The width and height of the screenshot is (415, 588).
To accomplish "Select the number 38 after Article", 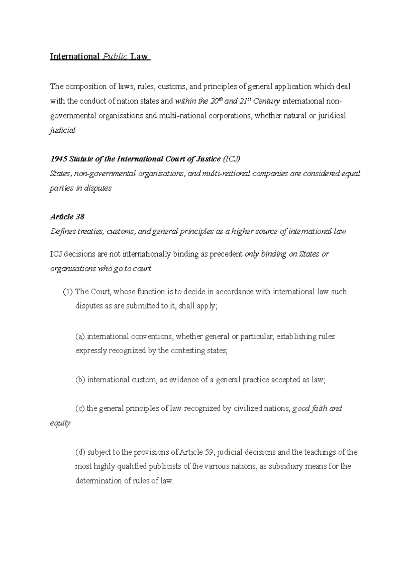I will pyautogui.click(x=80, y=217).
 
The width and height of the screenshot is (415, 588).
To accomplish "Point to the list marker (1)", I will pyautogui.click(x=68, y=292).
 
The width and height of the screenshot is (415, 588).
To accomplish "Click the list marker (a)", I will pyautogui.click(x=80, y=336).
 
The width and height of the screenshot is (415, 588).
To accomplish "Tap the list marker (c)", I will pyautogui.click(x=80, y=408).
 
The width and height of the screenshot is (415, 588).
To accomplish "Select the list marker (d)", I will pyautogui.click(x=80, y=452).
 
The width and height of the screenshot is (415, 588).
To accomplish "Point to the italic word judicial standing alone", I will pyautogui.click(x=63, y=131).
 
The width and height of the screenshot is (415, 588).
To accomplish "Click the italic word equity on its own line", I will pyautogui.click(x=60, y=423).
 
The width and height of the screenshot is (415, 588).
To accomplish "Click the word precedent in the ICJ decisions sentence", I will pyautogui.click(x=226, y=254).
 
